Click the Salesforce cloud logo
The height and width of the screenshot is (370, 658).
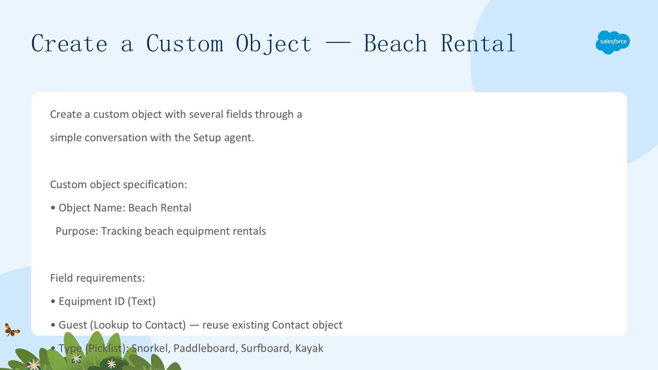click(613, 42)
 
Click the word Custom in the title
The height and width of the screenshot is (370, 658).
click(185, 44)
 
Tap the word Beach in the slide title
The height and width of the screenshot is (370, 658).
click(395, 44)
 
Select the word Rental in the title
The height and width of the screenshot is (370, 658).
click(478, 44)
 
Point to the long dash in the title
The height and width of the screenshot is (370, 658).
click(338, 43)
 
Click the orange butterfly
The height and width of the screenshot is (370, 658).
click(12, 330)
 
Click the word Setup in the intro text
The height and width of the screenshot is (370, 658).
click(207, 138)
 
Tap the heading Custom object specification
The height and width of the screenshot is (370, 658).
click(119, 185)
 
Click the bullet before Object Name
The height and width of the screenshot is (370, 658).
click(53, 208)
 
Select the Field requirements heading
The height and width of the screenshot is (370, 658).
click(97, 278)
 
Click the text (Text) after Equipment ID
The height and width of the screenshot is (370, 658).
click(142, 301)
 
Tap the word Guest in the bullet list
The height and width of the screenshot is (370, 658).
click(73, 325)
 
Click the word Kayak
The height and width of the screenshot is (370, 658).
click(309, 348)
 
